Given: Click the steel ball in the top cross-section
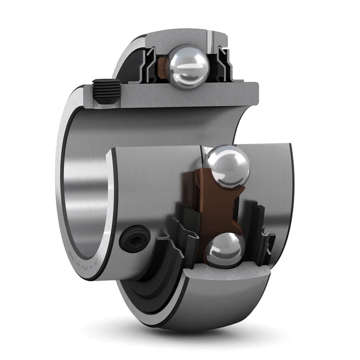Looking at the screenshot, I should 186,66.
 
